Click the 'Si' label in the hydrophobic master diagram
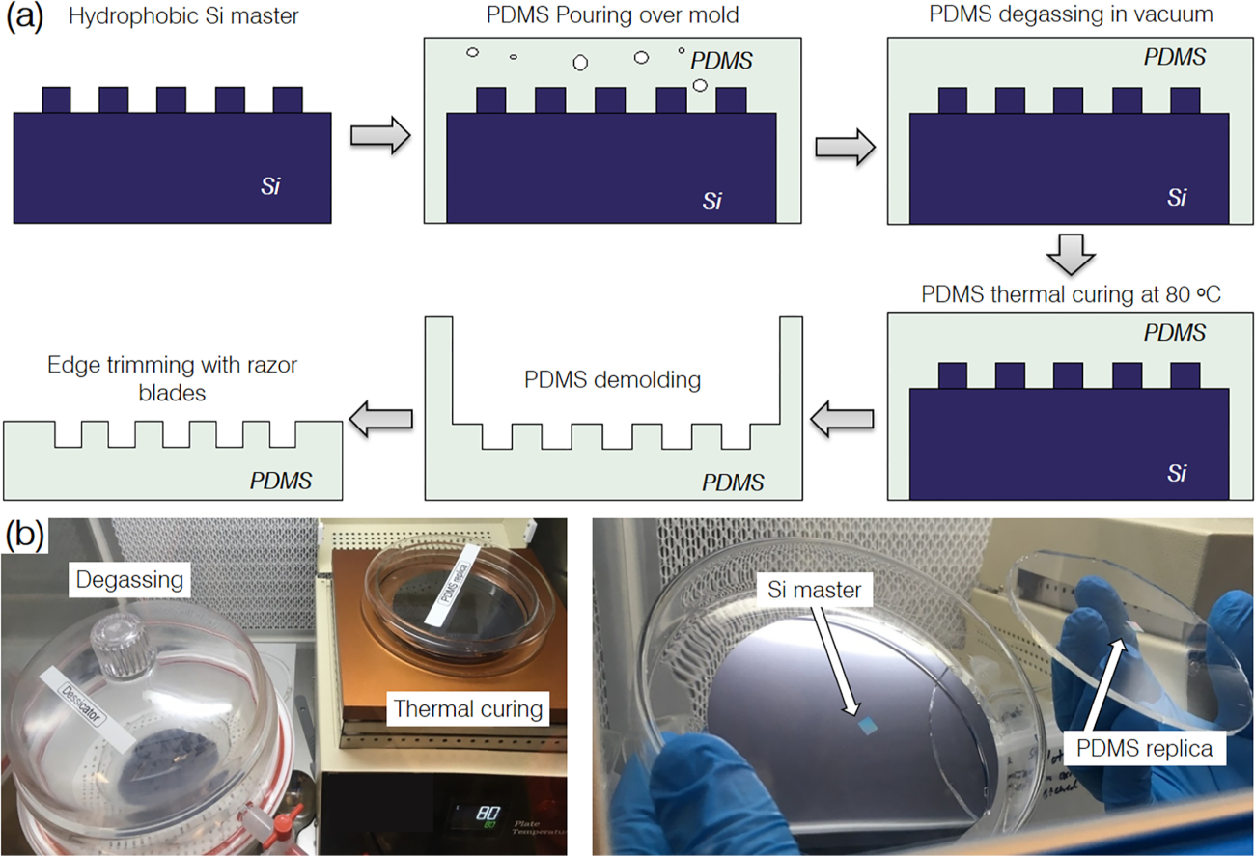[x=271, y=186]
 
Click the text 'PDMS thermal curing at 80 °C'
[x=1070, y=294]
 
